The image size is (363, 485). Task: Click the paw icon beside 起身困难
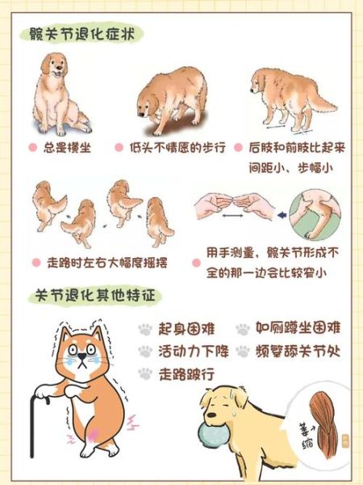pos(145,329)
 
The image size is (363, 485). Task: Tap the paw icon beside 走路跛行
pos(145,373)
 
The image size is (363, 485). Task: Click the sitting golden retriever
pos(59,95)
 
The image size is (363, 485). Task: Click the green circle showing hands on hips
pos(315,215)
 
